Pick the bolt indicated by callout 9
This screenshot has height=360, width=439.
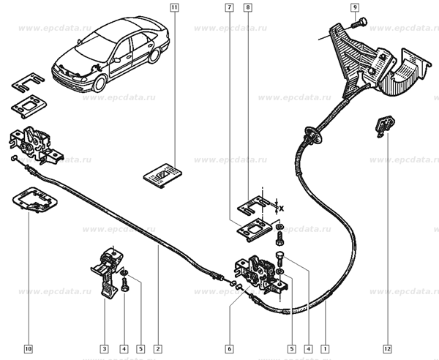click(359, 23)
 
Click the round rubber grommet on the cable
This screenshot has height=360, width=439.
click(313, 134)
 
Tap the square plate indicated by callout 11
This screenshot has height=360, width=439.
click(162, 175)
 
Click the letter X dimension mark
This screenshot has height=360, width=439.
click(281, 209)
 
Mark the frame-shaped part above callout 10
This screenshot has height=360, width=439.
click(35, 200)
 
